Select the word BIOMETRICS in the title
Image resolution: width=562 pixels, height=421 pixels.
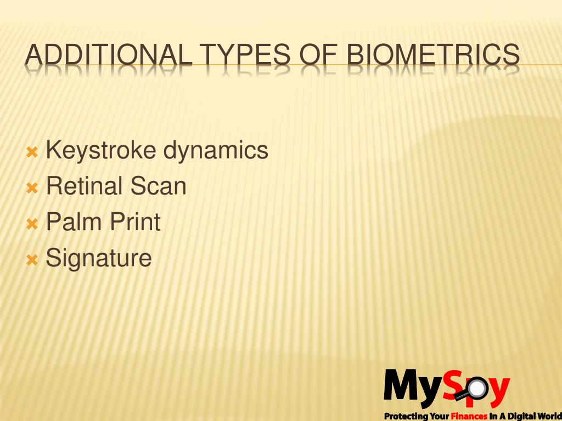coord(434,56)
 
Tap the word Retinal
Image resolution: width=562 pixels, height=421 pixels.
coord(85,186)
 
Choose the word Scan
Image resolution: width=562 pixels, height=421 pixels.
coord(159,186)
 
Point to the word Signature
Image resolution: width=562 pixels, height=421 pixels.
coord(99,258)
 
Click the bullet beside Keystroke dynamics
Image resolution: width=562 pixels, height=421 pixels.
coord(32,151)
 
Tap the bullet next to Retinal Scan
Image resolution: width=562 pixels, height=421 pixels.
coord(32,187)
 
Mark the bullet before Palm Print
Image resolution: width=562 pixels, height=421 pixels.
coord(32,223)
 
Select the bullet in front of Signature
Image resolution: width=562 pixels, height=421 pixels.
coord(32,259)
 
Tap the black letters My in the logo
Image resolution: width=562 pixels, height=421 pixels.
coord(412,386)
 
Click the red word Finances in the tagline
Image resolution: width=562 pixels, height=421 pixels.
coord(469,416)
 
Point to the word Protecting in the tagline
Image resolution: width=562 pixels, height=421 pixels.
coord(405,416)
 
